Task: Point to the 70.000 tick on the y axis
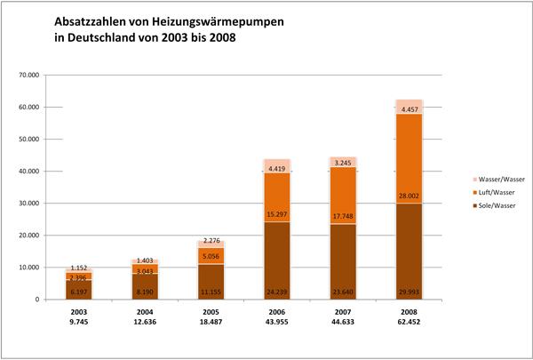(x=42, y=75)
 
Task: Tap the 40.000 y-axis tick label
(x=42, y=171)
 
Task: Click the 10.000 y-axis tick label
(x=42, y=267)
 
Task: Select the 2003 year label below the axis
(x=80, y=313)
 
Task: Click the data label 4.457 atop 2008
(x=410, y=109)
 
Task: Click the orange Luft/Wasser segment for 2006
(x=278, y=191)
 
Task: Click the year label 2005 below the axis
(x=211, y=313)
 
